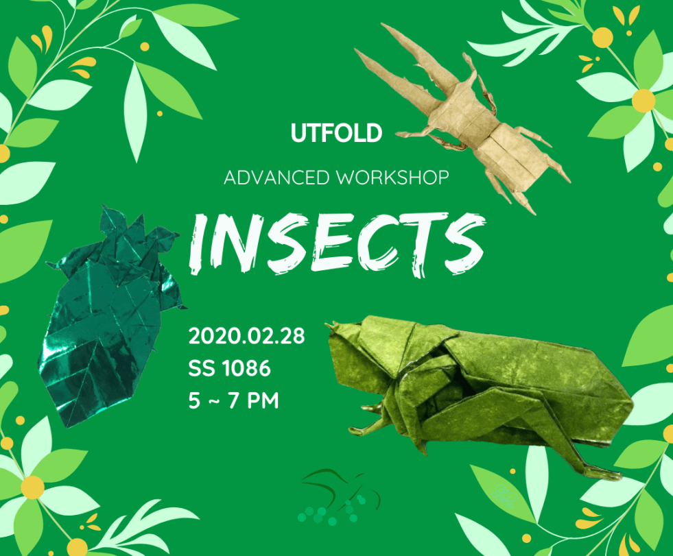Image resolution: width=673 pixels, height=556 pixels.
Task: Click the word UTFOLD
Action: pyautogui.click(x=336, y=133)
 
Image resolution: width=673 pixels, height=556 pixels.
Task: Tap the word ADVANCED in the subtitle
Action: pyautogui.click(x=277, y=178)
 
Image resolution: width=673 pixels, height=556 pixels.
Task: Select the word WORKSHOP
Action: pyautogui.click(x=392, y=178)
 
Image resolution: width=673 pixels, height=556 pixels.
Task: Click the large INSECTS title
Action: pyautogui.click(x=338, y=243)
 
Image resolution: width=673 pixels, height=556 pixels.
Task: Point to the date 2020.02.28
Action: pyautogui.click(x=246, y=336)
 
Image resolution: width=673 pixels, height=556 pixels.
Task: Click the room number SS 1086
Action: pyautogui.click(x=230, y=368)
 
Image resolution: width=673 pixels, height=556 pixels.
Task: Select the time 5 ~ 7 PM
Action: pyautogui.click(x=233, y=400)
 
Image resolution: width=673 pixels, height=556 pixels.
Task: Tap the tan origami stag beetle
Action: pyautogui.click(x=462, y=118)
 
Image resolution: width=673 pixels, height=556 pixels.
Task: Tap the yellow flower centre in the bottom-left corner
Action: pyautogui.click(x=33, y=488)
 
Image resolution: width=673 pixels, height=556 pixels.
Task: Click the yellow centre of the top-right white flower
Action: pyautogui.click(x=644, y=100)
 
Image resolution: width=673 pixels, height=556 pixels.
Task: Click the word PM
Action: pyautogui.click(x=263, y=400)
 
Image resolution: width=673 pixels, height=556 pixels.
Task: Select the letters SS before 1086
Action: pyautogui.click(x=202, y=368)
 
